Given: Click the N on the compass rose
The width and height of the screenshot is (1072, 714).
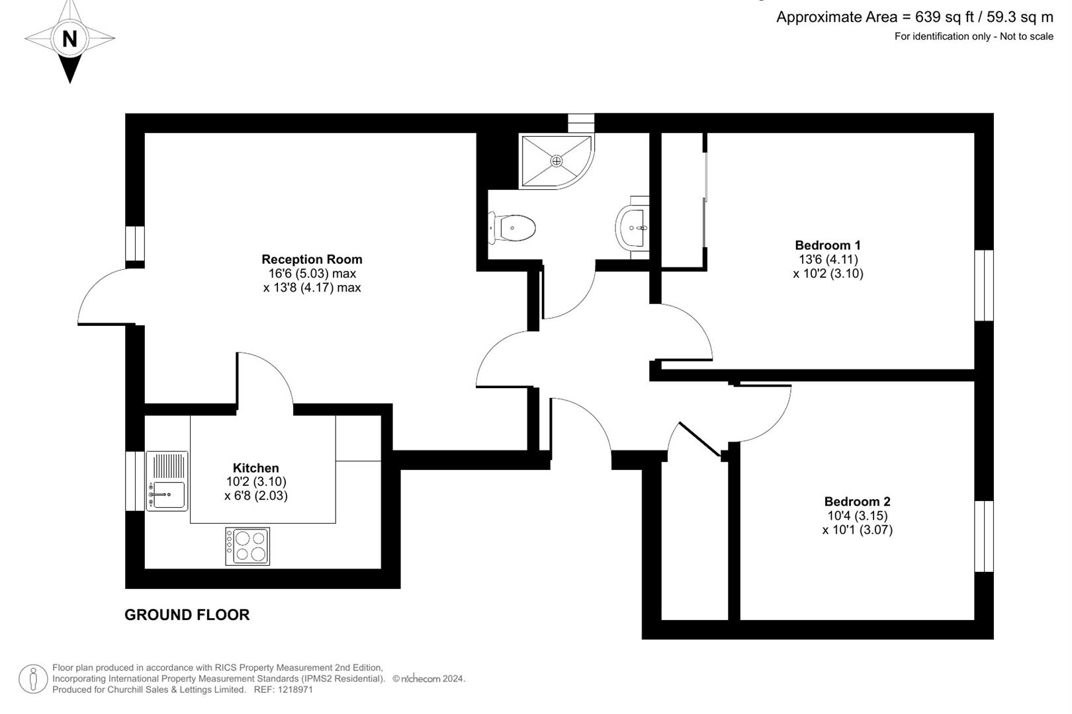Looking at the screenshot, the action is point(70,38).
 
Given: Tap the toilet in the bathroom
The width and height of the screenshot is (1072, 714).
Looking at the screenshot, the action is point(512,228).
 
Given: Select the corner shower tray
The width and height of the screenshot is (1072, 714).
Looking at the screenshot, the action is point(557,161).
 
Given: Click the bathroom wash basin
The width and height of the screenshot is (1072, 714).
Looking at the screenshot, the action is point(633,227).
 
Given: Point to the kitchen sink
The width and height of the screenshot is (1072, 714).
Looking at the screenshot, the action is point(167,481).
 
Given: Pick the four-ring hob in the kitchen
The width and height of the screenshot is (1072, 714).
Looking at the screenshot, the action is point(247,546).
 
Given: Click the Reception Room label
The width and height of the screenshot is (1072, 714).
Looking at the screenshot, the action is point(312,259).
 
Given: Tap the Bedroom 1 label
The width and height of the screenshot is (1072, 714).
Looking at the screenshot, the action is point(828,245).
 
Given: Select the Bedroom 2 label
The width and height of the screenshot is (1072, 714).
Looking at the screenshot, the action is point(857,502).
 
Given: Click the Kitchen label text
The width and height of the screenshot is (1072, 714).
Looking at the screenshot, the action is point(255,467).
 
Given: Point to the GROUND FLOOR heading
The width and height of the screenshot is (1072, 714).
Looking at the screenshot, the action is point(187,615).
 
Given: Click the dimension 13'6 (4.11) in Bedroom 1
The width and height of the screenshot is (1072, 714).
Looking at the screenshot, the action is point(828,259).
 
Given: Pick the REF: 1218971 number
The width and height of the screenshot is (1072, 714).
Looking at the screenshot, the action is point(283,690).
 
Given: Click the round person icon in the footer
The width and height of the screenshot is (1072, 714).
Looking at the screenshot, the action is point(33,678).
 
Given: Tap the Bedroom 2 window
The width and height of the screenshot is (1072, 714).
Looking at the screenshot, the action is point(984,536).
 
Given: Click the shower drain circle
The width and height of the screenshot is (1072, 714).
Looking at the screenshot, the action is point(557,161).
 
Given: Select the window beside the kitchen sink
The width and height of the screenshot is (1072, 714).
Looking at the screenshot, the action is point(134,481).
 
